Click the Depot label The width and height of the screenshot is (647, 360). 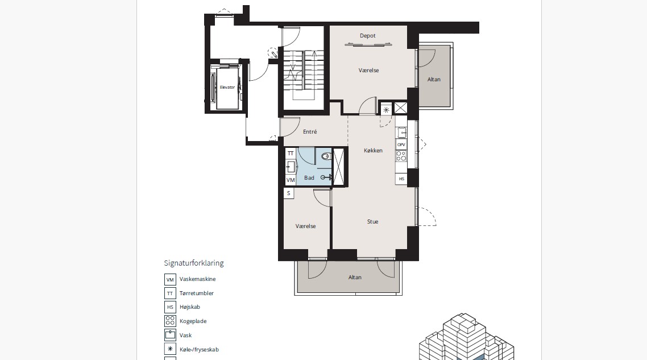point(367,36)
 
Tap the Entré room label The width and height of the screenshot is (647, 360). point(310,132)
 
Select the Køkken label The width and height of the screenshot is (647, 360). point(373,151)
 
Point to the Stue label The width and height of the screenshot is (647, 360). point(372,222)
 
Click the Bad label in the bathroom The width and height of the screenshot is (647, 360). point(309,178)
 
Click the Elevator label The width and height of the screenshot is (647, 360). point(227,88)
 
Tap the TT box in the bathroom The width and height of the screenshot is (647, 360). point(291,154)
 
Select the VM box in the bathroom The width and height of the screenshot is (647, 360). point(291,180)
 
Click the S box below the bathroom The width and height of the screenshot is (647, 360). point(288,193)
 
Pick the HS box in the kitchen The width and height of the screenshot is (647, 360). point(401,179)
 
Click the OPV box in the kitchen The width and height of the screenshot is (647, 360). point(401,144)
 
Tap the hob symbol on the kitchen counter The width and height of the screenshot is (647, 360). point(401,156)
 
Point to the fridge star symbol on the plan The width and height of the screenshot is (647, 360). point(386,110)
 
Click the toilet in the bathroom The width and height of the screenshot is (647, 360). point(326,156)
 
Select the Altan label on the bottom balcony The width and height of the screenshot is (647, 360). point(355,278)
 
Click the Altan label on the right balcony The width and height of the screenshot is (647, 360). point(434,80)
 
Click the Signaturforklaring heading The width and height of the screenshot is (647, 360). point(193,263)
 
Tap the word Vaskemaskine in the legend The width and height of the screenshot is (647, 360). point(198,279)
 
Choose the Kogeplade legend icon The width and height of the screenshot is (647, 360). point(170,321)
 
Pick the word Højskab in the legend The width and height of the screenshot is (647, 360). point(190,307)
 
